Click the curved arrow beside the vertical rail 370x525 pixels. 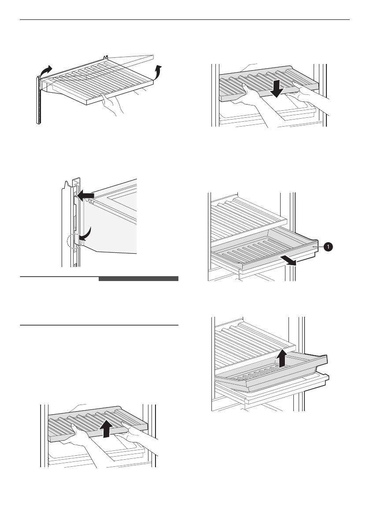pyautogui.click(x=45, y=71)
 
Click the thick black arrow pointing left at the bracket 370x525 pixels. pyautogui.click(x=86, y=194)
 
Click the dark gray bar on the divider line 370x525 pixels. pyautogui.click(x=138, y=279)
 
